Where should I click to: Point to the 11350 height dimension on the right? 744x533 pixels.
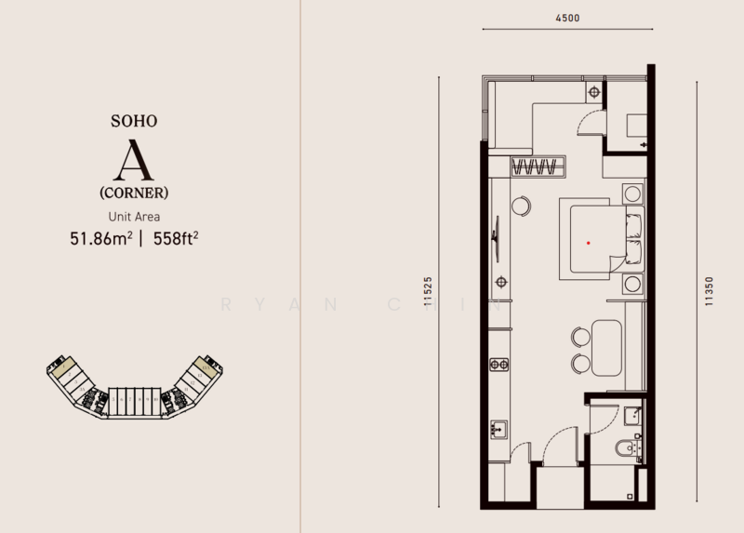[709, 292]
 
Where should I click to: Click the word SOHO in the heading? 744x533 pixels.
[135, 121]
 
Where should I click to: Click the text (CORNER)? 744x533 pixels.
[135, 193]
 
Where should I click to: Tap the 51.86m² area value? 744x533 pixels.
[99, 238]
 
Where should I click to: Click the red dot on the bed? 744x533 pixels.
[588, 242]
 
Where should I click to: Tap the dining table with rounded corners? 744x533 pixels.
[606, 348]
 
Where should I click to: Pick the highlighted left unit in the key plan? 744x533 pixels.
[63, 369]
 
